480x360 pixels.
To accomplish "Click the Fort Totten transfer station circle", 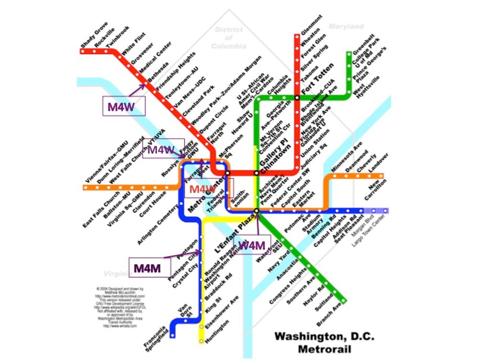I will click(298, 98).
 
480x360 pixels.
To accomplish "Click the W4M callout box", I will click(252, 246).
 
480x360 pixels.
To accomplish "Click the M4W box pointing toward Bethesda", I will click(124, 106).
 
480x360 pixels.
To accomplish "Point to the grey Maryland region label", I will click(346, 27).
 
